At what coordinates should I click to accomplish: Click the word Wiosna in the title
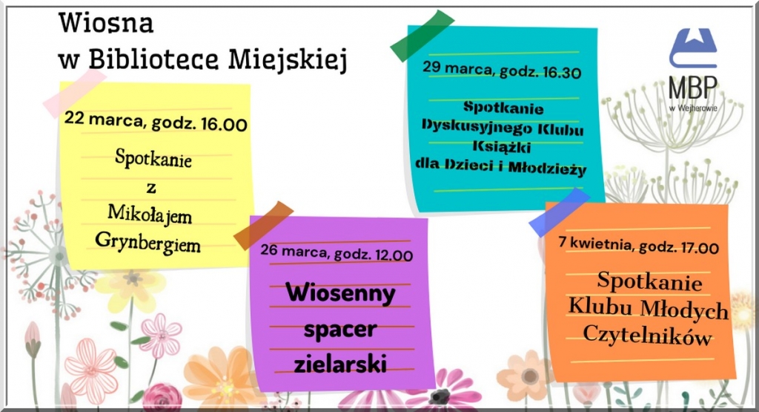pyautogui.click(x=106, y=23)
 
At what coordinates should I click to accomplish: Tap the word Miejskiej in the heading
pyautogui.click(x=288, y=59)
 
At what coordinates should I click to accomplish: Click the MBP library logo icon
pyautogui.click(x=693, y=48)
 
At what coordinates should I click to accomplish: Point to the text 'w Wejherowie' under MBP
pyautogui.click(x=693, y=108)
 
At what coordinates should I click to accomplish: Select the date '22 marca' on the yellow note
pyautogui.click(x=105, y=120)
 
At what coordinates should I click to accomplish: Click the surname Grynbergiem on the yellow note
pyautogui.click(x=148, y=242)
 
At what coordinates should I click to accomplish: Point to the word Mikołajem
pyautogui.click(x=150, y=215)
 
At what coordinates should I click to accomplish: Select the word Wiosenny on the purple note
pyautogui.click(x=340, y=293)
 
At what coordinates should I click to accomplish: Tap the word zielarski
pyautogui.click(x=340, y=364)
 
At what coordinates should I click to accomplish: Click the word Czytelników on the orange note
pyautogui.click(x=647, y=336)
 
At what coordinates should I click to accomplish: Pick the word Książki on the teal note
pyautogui.click(x=502, y=146)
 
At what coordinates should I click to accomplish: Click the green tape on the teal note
pyautogui.click(x=422, y=36)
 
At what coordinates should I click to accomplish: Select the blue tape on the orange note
pyautogui.click(x=559, y=212)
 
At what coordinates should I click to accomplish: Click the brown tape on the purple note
pyautogui.click(x=263, y=226)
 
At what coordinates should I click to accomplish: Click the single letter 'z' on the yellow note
pyautogui.click(x=151, y=188)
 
